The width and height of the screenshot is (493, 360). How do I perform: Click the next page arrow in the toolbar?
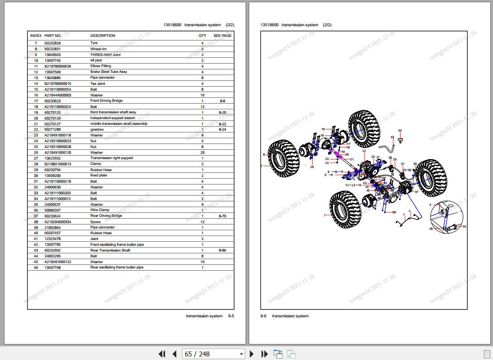[x=252, y=354]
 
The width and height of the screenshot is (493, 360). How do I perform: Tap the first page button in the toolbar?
[x=162, y=354]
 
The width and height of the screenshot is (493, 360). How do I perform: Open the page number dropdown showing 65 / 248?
[x=214, y=354]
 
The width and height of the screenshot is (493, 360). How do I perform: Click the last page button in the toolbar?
[x=265, y=354]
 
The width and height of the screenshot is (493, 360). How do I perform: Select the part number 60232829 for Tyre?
[x=52, y=43]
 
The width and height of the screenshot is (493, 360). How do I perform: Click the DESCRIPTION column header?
[x=103, y=36]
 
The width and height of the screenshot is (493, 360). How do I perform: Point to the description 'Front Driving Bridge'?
[x=107, y=101]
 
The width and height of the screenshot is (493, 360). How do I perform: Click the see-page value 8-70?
[x=223, y=216]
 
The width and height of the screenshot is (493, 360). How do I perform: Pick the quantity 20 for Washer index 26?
[x=202, y=152]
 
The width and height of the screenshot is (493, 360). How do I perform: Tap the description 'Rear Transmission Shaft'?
[x=110, y=250]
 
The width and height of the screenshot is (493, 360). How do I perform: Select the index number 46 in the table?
[x=36, y=268]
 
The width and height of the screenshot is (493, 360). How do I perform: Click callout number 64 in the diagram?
[x=400, y=130]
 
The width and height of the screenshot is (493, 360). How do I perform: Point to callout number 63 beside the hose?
[x=393, y=137]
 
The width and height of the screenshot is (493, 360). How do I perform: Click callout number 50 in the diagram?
[x=394, y=212]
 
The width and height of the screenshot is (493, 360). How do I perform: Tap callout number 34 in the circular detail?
[x=464, y=227]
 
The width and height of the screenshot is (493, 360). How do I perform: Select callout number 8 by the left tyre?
[x=264, y=155]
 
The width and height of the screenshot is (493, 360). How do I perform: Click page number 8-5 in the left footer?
[x=231, y=316]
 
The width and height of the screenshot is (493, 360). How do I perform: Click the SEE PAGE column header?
[x=222, y=36]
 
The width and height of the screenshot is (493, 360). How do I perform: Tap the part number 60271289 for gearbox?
[x=52, y=129]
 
